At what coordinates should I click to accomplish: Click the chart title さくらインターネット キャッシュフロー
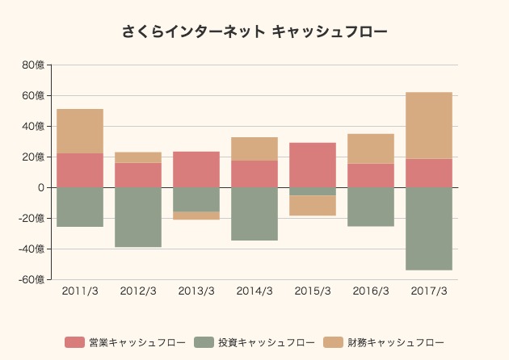pos(254,32)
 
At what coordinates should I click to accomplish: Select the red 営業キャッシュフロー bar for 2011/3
pos(80,170)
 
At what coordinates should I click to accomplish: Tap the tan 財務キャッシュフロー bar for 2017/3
pos(429,125)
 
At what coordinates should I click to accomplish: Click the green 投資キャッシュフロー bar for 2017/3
pos(429,228)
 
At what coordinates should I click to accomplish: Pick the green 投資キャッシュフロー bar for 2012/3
pos(138,217)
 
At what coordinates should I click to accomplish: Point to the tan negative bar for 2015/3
pos(313,206)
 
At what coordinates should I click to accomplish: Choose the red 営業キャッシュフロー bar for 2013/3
pos(196,170)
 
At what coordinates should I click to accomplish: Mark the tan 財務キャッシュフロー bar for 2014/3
pos(254,149)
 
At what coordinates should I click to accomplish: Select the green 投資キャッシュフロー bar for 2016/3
pos(371,207)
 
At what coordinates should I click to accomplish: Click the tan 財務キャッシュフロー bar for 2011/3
pos(80,131)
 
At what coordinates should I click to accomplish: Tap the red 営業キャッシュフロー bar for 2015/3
pos(313,165)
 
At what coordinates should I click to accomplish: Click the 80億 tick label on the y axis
pos(35,65)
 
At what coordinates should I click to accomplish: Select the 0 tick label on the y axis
pos(41,187)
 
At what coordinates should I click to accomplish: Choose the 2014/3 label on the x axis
pos(254,291)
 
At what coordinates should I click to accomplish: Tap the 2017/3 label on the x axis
pos(429,291)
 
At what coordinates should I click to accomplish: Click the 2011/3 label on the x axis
pos(80,291)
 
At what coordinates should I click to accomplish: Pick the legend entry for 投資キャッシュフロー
pos(254,342)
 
